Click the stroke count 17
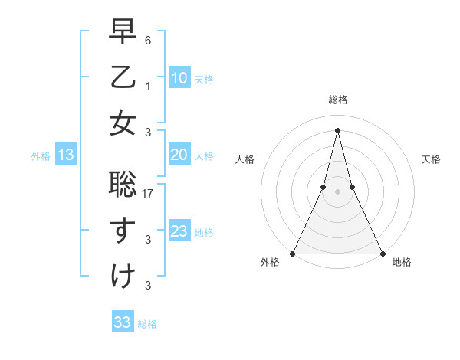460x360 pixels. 149,195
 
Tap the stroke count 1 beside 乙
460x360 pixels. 148,87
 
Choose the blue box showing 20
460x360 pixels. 179,155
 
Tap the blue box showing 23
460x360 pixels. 179,231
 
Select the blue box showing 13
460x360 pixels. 65,155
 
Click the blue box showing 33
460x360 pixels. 123,322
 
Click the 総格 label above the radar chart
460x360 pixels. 337,100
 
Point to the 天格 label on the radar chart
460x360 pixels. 431,159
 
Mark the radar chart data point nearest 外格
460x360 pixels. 293,253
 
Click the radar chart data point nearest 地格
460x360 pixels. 382,253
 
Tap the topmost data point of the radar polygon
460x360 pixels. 337,129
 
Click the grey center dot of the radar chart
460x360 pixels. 337,191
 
